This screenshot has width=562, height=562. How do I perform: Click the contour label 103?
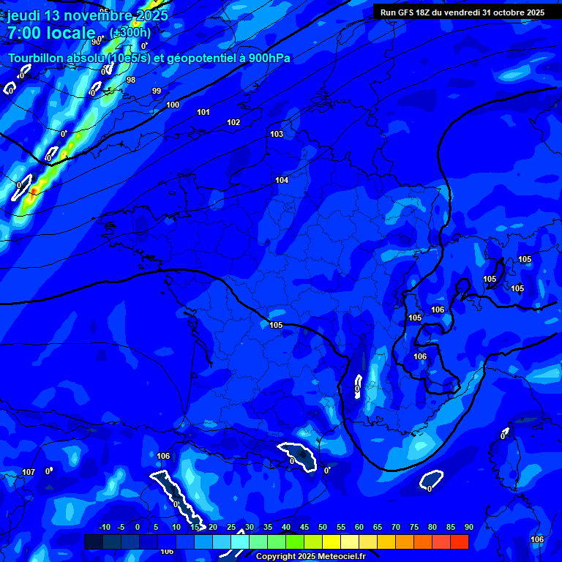coord(277,134)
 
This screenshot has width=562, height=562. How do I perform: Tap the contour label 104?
coord(282,180)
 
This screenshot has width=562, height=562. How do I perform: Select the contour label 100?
coord(173,105)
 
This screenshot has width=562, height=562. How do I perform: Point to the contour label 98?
coord(131,80)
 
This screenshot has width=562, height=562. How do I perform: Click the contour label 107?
coord(29,472)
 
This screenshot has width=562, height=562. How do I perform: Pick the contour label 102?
coord(233,122)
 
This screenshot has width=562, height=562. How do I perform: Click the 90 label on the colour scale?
coord(468,527)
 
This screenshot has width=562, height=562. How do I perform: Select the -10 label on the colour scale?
coord(104,527)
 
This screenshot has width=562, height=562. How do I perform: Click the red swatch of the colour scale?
coord(459,542)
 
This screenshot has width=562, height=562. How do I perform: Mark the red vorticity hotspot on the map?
coord(33,191)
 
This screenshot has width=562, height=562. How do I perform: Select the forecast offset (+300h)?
coord(130,33)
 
